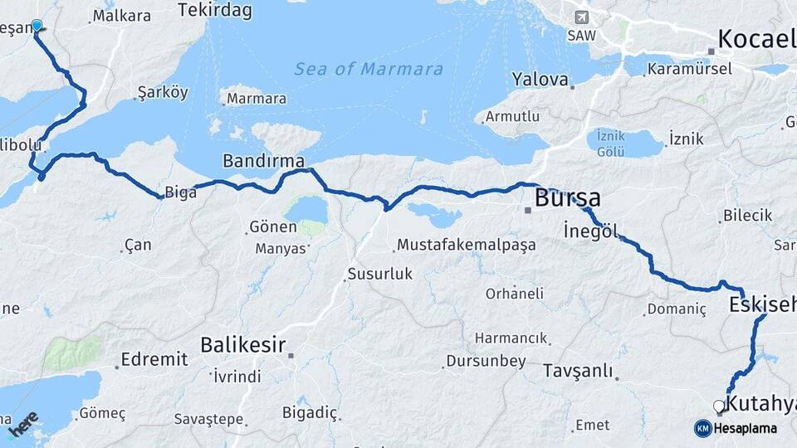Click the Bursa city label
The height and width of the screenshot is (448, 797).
[x=568, y=198]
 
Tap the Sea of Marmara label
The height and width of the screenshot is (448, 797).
[x=369, y=69]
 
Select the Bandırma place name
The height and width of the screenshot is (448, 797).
[x=263, y=160]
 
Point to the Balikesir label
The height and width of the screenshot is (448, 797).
[x=243, y=344]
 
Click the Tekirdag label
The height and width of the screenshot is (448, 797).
[x=214, y=11]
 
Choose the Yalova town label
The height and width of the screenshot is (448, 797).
[x=540, y=80]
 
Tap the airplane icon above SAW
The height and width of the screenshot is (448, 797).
[x=581, y=17]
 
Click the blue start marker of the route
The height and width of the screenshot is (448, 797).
[x=37, y=25]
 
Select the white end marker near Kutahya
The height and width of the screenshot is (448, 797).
[x=719, y=406]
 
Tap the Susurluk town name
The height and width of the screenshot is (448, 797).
[x=379, y=273]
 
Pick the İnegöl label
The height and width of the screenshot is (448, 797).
[x=590, y=230]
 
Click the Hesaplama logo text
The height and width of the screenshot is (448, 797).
[x=746, y=429]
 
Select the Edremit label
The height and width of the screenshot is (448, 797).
[x=154, y=359]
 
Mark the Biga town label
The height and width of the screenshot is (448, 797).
[x=181, y=192]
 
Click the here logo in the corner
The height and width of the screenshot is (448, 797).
[x=23, y=424]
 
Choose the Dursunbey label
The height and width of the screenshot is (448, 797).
[x=486, y=361]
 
